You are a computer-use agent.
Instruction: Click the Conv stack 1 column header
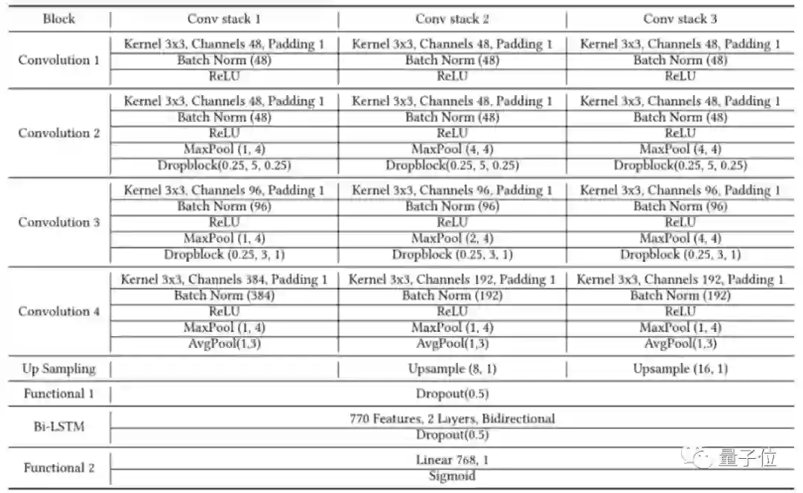point(224,19)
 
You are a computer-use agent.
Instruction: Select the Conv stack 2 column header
point(452,19)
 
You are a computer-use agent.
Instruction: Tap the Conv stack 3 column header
point(680,19)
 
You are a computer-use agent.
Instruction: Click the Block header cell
point(59,19)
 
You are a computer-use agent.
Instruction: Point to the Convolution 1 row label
point(59,59)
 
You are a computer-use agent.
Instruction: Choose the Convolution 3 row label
point(59,222)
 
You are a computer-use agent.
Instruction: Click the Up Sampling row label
point(59,369)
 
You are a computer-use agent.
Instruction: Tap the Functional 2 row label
point(59,468)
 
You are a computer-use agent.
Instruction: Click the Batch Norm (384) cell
point(224,296)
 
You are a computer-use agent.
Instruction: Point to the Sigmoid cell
point(452,476)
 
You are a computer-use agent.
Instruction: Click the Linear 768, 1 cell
point(452,460)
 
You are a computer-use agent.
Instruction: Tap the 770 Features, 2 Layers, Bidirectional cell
point(452,419)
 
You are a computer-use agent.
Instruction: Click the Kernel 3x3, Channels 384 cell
point(224,280)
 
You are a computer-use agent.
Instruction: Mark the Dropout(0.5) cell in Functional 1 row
point(452,393)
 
